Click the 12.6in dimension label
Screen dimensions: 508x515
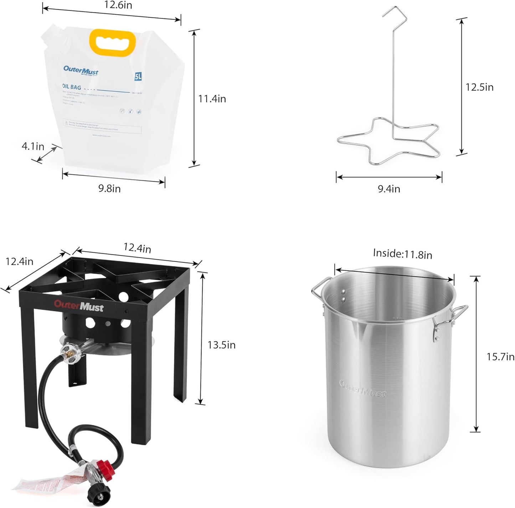coord(118,5)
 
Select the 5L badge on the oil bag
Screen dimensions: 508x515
coord(138,76)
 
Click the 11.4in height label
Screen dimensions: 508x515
coord(212,99)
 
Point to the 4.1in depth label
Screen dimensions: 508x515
coord(33,146)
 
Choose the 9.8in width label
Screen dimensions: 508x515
coord(109,188)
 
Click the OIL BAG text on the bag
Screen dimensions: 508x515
coord(72,87)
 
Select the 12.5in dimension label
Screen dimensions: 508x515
coord(479,87)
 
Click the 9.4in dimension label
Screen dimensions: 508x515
coord(389,189)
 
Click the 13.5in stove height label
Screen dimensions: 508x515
coord(221,345)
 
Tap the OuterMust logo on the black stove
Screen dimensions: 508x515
coord(79,306)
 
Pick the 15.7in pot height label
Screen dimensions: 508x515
coord(500,357)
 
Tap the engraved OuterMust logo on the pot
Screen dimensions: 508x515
coord(362,389)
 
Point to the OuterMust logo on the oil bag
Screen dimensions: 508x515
coord(81,70)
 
